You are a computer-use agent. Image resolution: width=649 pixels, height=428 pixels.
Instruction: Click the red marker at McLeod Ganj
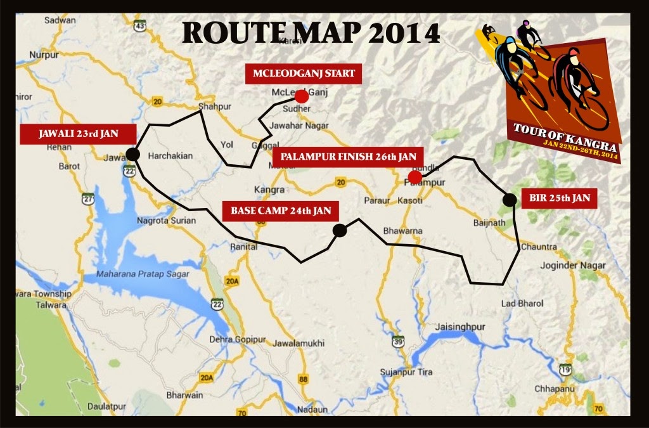click(x=302, y=96)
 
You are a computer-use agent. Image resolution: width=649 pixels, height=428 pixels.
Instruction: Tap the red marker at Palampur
click(x=414, y=176)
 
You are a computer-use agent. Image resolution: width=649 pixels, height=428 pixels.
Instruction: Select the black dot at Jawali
click(x=132, y=153)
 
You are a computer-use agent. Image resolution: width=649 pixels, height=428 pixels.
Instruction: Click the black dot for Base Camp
click(x=340, y=231)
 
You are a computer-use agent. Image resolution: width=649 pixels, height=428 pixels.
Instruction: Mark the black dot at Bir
click(x=508, y=200)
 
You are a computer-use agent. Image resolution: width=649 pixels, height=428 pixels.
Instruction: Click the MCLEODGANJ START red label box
click(x=304, y=74)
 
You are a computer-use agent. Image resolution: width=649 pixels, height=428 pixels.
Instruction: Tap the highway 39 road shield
click(x=397, y=342)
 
